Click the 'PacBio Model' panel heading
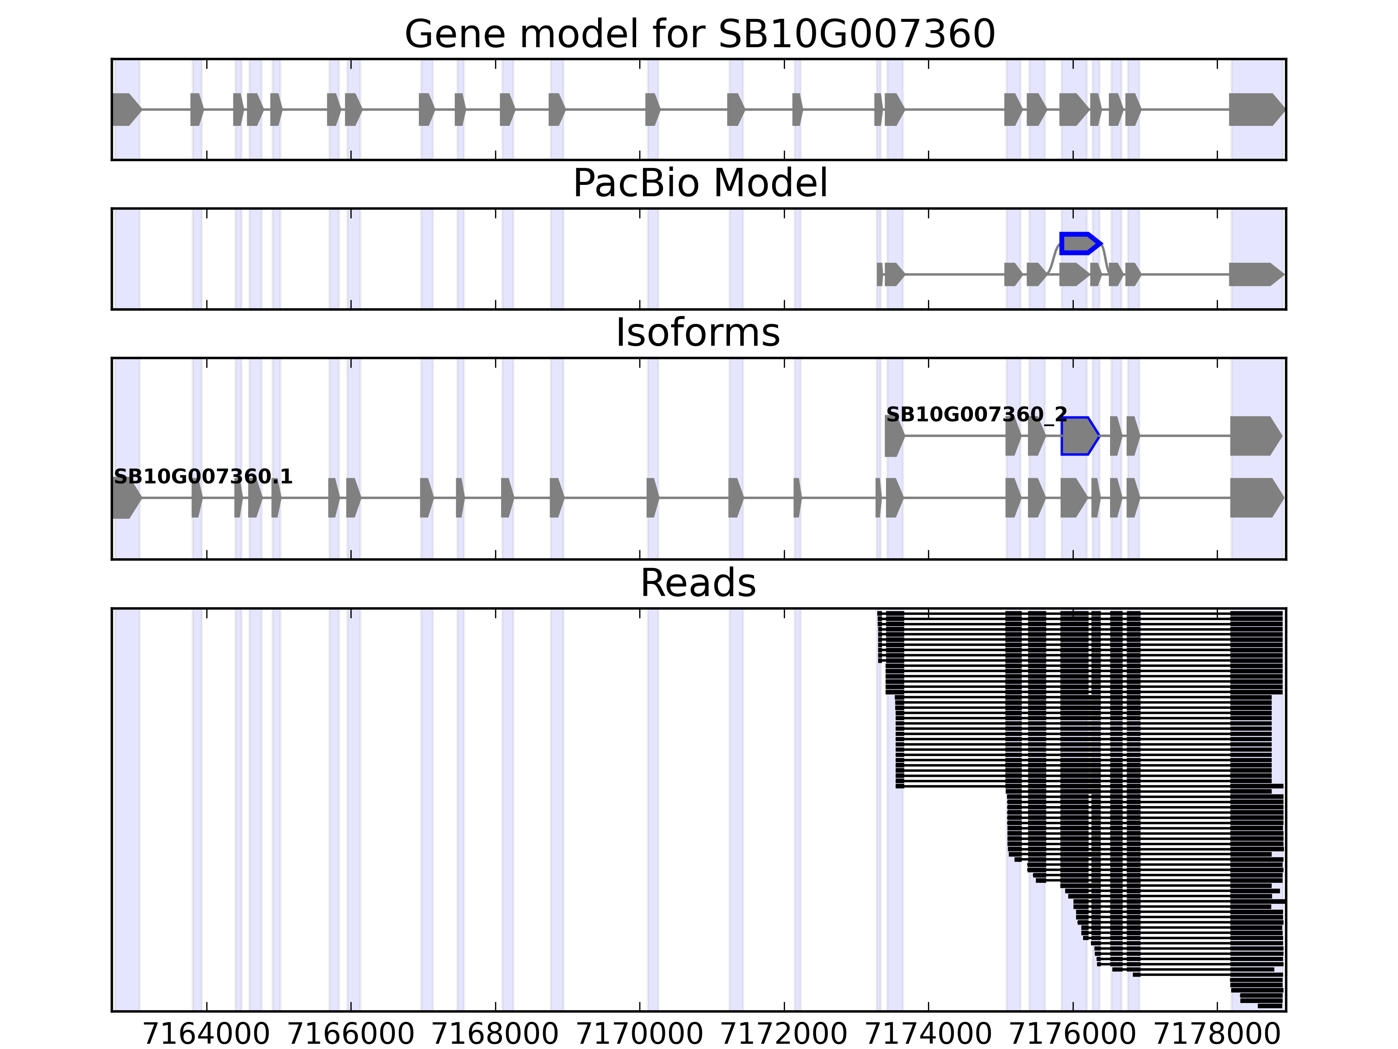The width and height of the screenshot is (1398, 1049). [699, 184]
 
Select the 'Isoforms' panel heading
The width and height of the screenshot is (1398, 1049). [698, 333]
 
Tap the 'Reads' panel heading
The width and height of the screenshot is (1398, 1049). [698, 583]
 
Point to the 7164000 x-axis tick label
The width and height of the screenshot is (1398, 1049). [207, 1035]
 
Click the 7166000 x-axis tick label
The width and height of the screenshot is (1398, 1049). [351, 1035]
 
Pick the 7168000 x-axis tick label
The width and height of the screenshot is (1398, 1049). [495, 1035]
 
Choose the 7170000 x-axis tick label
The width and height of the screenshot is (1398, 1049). [640, 1035]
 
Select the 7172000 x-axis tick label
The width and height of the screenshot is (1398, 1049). [784, 1035]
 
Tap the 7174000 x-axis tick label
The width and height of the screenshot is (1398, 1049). [928, 1035]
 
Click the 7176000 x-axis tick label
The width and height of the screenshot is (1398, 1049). [1073, 1035]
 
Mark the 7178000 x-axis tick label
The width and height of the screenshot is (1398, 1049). [1217, 1035]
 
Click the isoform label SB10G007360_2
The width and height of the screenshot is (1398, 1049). [976, 415]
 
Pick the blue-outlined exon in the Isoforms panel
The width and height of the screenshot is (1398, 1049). [1079, 436]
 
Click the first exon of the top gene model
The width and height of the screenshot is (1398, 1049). [126, 109]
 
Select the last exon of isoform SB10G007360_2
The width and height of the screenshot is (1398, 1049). [1255, 436]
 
